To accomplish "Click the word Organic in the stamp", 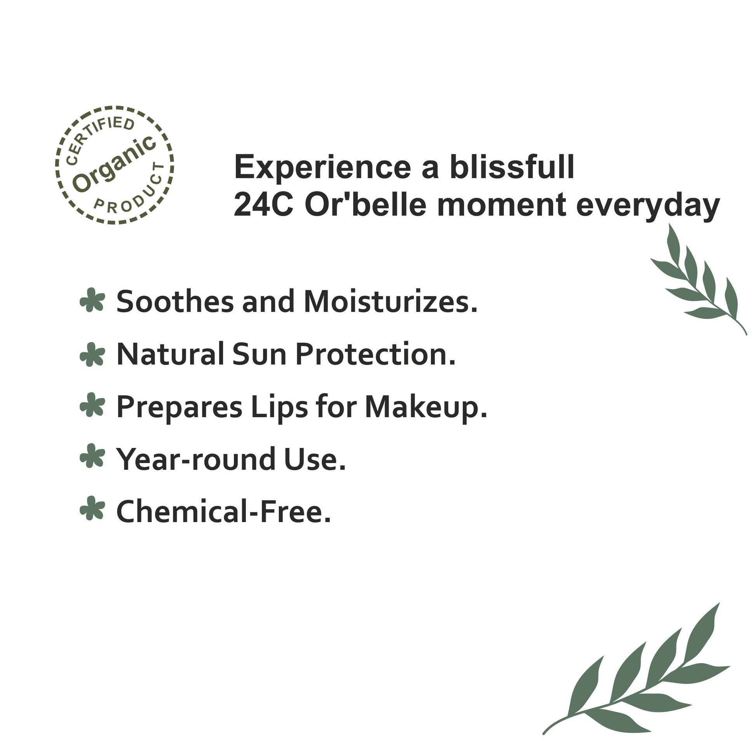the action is coord(115,164).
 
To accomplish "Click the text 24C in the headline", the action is coord(263,205).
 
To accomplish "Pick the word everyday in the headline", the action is coord(648,206).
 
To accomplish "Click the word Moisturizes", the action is coord(390,302).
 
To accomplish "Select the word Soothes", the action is coord(175,302).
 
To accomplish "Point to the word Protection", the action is coord(376,354).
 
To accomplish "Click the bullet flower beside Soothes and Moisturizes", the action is coord(92,300).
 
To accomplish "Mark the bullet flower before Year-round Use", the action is coord(92,456).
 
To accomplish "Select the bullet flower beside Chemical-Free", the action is coord(92,509).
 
